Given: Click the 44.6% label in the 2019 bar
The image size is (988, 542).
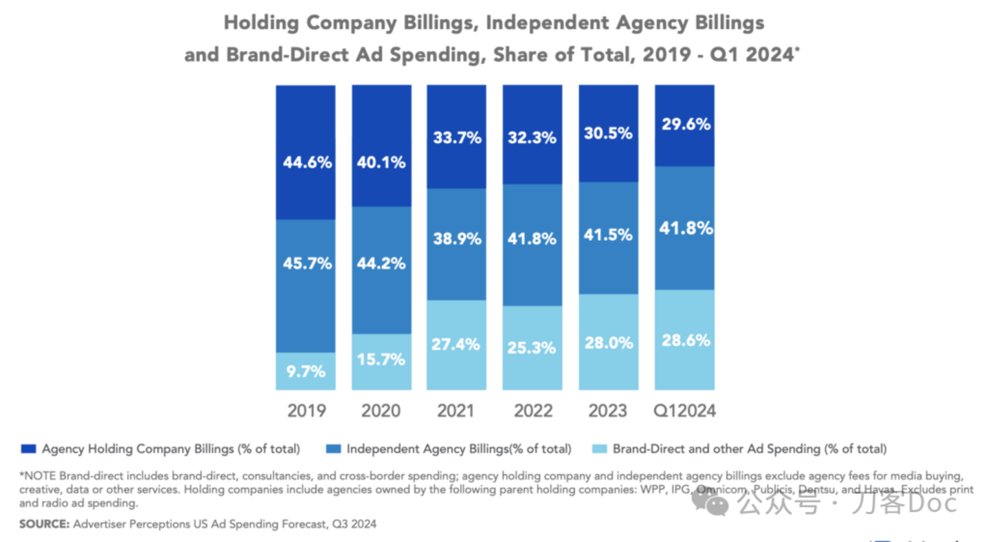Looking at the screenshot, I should (307, 163).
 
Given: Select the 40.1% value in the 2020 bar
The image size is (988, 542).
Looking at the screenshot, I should (381, 163).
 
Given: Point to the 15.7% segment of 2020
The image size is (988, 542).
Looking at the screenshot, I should (381, 359).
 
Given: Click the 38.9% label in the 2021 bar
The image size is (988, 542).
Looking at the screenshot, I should (456, 239).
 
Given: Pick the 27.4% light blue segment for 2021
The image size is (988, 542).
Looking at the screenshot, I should (456, 345).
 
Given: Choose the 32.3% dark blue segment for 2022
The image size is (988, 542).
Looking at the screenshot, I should (532, 138).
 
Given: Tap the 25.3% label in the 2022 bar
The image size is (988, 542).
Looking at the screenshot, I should (532, 347).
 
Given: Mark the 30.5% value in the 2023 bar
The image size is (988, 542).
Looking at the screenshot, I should (608, 134).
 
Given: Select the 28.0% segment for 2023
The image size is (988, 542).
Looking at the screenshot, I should (608, 343).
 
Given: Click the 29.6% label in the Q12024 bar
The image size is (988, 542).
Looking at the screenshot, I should (684, 125).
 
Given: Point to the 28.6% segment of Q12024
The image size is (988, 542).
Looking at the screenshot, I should (684, 340).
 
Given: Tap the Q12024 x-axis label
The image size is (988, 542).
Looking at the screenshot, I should (684, 411).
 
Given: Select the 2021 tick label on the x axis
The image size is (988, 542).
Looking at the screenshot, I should (456, 411).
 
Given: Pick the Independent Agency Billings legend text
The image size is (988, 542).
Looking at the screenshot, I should (458, 449).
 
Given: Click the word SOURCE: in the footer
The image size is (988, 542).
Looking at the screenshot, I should (45, 524).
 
